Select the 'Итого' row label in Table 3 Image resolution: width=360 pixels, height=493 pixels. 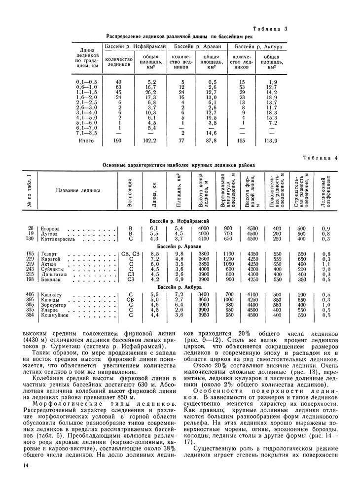pyautogui.click(x=86, y=141)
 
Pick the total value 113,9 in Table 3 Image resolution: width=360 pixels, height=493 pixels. pyautogui.click(x=272, y=141)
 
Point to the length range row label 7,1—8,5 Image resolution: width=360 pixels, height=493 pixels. pyautogui.click(x=87, y=133)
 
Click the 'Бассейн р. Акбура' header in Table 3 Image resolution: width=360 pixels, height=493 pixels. pyautogui.click(x=258, y=46)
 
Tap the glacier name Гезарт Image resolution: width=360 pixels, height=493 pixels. pyautogui.click(x=49, y=254)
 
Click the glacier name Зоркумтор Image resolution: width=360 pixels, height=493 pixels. pyautogui.click(x=57, y=305)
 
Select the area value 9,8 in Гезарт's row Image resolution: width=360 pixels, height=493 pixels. pyautogui.click(x=179, y=254)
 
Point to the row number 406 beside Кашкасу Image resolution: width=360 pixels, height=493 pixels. pyautogui.click(x=31, y=295)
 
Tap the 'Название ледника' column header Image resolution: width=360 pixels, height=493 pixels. pyautogui.click(x=78, y=190)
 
